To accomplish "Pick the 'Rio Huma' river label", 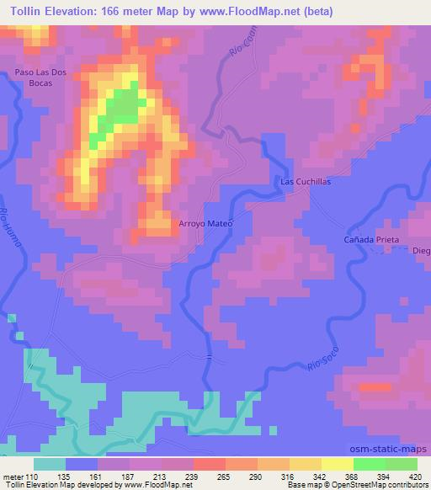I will click(16, 229).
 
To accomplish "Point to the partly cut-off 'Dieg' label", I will click(421, 251).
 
